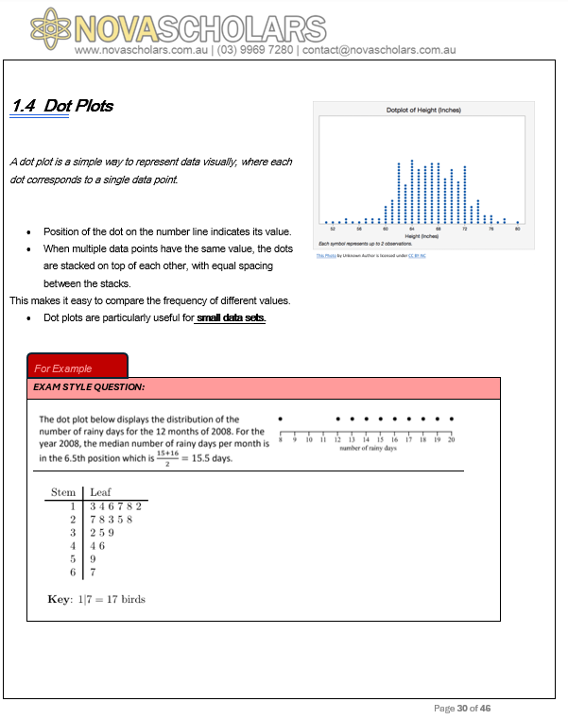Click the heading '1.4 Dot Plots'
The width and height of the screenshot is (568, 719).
point(62,106)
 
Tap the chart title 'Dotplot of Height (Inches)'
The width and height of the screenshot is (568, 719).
point(423,111)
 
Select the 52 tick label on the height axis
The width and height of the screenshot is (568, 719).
point(333,229)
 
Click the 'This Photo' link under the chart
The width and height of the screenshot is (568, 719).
point(327,255)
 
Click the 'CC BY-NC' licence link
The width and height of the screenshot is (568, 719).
point(417,255)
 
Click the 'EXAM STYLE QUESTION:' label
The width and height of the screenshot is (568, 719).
point(89,387)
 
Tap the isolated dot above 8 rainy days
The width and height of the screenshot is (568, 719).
point(280,418)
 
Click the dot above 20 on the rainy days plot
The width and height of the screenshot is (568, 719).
point(452,418)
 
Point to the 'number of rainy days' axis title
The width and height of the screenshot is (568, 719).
point(368,448)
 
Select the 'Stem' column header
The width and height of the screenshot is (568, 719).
point(63,492)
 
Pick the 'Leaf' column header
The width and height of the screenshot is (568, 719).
point(100,492)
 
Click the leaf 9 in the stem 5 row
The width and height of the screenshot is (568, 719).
point(93,558)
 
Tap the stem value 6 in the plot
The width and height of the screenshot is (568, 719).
point(72,572)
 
